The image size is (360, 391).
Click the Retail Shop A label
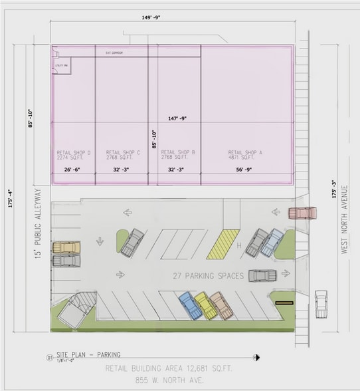pyautogui.click(x=245, y=155)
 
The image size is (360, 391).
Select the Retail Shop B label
pyautogui.click(x=178, y=155)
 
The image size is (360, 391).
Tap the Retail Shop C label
pyautogui.click(x=123, y=155)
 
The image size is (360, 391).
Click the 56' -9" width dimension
pyautogui.click(x=245, y=170)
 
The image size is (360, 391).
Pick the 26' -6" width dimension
pyautogui.click(x=74, y=170)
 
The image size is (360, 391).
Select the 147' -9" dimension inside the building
pyautogui.click(x=177, y=118)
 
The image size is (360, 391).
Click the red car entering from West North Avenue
pyautogui.click(x=302, y=213)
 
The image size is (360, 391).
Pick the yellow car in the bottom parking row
pyautogui.click(x=206, y=305)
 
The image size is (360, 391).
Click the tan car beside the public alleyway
pyautogui.click(x=66, y=247)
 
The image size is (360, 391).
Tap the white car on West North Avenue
pyautogui.click(x=321, y=303)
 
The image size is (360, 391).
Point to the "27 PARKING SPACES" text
pyautogui.click(x=209, y=276)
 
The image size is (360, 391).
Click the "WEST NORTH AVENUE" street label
pyautogui.click(x=345, y=219)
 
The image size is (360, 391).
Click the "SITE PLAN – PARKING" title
pyautogui.click(x=89, y=356)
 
